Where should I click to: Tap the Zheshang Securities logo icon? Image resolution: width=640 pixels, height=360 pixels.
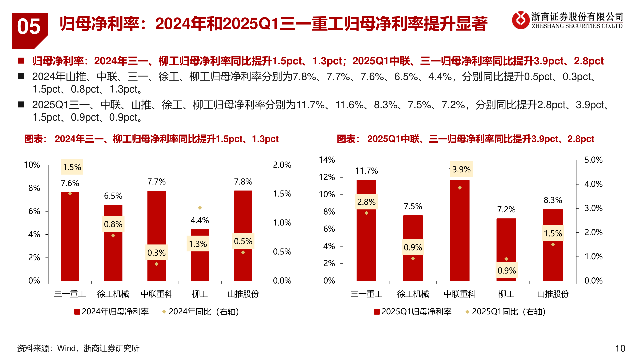click(x=520, y=20)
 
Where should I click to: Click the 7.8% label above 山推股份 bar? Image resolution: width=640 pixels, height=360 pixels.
click(x=243, y=182)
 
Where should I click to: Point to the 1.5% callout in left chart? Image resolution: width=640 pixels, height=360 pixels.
click(x=72, y=167)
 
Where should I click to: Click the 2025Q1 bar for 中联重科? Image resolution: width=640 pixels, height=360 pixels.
click(x=459, y=233)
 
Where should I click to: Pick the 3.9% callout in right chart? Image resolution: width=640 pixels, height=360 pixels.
click(x=461, y=169)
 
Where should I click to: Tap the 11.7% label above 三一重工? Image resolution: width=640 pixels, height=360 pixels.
click(x=366, y=171)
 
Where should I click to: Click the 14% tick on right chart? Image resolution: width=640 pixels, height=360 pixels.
click(x=327, y=160)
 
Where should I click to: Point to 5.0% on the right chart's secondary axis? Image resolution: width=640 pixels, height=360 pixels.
click(x=593, y=160)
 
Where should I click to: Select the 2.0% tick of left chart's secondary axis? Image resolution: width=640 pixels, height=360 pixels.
click(x=282, y=165)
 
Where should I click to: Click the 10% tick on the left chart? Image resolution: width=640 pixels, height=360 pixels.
click(x=32, y=165)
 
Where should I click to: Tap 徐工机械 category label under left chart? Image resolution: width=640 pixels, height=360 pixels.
click(x=113, y=294)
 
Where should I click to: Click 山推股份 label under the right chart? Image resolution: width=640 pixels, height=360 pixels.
click(x=553, y=294)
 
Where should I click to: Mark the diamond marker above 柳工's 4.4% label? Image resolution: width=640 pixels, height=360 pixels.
click(x=200, y=208)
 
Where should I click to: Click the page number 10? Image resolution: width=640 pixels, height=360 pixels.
click(x=620, y=348)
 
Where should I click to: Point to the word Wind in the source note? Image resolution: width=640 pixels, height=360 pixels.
click(x=66, y=348)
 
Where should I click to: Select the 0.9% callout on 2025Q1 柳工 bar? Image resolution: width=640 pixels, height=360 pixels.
click(x=506, y=271)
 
